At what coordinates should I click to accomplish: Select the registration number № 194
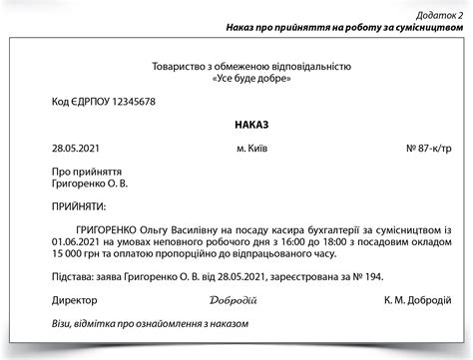366,277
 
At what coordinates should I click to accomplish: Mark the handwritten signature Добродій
235,300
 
